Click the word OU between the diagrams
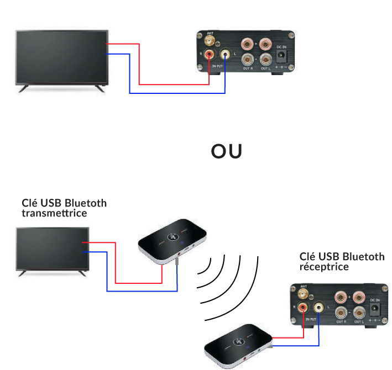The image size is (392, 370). pyautogui.click(x=227, y=152)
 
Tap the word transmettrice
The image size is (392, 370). pyautogui.click(x=54, y=213)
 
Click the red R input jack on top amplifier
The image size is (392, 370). pyautogui.click(x=210, y=54)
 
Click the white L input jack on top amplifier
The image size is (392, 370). pyautogui.click(x=226, y=54)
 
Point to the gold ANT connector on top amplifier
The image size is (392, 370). pyautogui.click(x=211, y=40)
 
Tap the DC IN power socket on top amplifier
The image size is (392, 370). pyautogui.click(x=281, y=56)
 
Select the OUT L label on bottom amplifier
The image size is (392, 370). pyautogui.click(x=359, y=321)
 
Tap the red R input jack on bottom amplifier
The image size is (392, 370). pyautogui.click(x=303, y=307)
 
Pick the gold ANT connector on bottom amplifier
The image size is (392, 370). pyautogui.click(x=304, y=293)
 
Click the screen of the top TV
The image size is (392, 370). pyautogui.click(x=61, y=57)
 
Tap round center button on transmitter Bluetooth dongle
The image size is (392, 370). pyautogui.click(x=174, y=238)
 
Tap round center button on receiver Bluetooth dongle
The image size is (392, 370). pyautogui.click(x=239, y=342)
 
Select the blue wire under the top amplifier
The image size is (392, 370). pyautogui.click(x=177, y=93)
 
